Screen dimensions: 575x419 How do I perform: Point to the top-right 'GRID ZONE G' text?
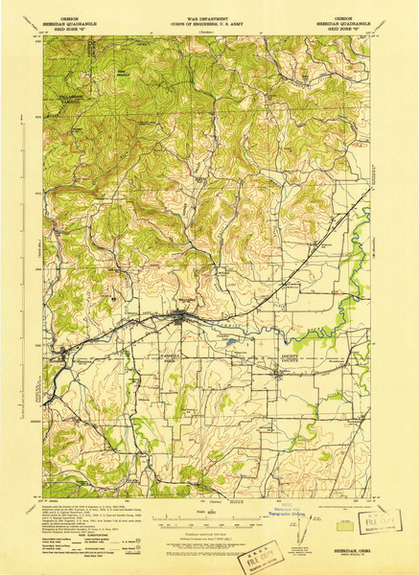pyautogui.click(x=348, y=28)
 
